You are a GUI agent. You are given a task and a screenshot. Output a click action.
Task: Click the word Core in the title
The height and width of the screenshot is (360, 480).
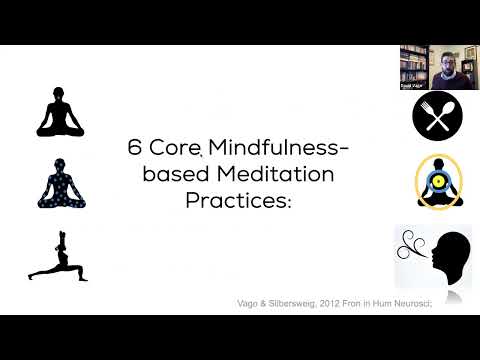tap(175, 147)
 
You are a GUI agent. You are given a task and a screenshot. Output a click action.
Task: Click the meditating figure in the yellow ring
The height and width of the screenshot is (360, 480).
tap(436, 183)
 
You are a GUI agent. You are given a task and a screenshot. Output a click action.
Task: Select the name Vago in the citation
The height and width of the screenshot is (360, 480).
tap(269, 296)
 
